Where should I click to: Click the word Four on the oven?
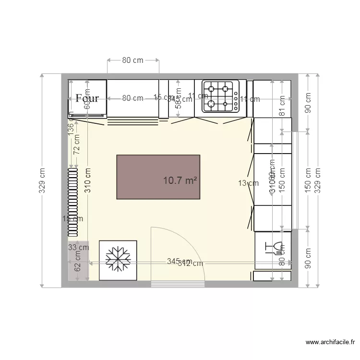pyautogui.click(x=87, y=98)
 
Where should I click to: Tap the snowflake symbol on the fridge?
pyautogui.click(x=118, y=260)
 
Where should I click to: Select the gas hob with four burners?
pyautogui.click(x=220, y=96)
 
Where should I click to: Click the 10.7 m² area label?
pyautogui.click(x=181, y=180)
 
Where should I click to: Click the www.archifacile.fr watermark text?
pyautogui.click(x=330, y=342)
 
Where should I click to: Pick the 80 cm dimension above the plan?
pyautogui.click(x=132, y=60)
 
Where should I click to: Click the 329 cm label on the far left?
pyautogui.click(x=42, y=180)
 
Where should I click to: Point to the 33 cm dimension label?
pyautogui.click(x=78, y=248)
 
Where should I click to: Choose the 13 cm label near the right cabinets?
pyautogui.click(x=245, y=182)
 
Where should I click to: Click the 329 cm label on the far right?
pyautogui.click(x=317, y=180)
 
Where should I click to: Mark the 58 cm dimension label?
pyautogui.click(x=178, y=98)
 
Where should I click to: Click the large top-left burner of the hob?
pyautogui.click(x=211, y=88)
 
